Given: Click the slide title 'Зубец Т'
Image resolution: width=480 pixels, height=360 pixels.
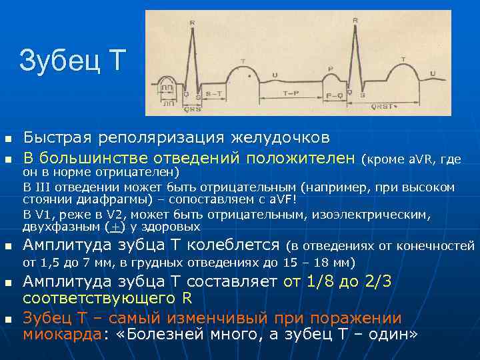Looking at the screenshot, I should point(72,61).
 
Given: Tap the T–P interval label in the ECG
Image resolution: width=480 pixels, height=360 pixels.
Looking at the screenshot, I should point(291,93).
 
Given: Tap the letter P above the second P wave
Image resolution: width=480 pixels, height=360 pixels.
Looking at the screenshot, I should point(331,68).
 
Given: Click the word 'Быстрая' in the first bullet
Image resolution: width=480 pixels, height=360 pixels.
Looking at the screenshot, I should point(58,138).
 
